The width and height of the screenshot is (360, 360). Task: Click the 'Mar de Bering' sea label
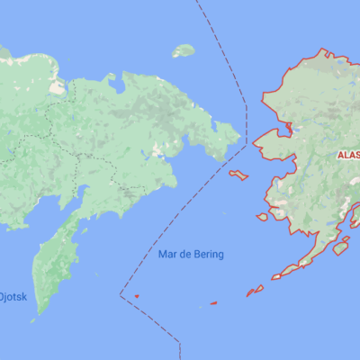click(x=191, y=255)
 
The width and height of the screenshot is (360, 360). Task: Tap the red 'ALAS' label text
click(x=347, y=156)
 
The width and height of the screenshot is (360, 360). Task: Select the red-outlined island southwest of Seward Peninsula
click(x=238, y=175)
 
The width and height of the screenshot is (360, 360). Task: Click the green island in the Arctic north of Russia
click(x=184, y=50)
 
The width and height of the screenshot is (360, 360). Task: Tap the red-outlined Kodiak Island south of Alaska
click(x=340, y=246)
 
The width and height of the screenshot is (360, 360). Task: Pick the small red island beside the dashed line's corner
click(x=136, y=295)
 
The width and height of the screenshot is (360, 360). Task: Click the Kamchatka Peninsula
click(x=56, y=261)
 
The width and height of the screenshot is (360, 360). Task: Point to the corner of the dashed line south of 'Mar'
click(x=121, y=293)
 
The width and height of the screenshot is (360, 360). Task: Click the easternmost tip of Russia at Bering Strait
click(x=241, y=137)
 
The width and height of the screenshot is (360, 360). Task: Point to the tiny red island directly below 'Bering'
click(x=213, y=303)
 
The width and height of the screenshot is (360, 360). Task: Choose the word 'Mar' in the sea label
click(x=166, y=255)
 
